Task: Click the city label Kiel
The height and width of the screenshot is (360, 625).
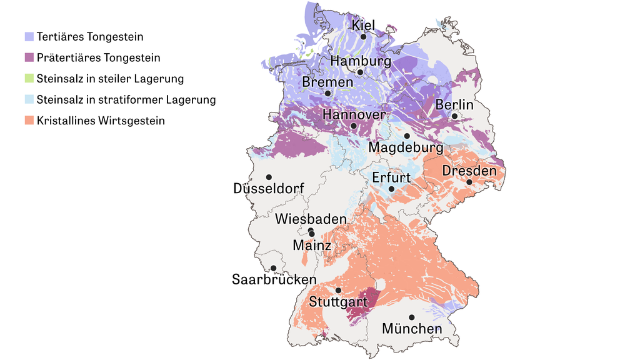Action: (x=363, y=26)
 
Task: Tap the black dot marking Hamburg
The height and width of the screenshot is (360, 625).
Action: (x=360, y=72)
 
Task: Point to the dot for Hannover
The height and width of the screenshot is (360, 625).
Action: (x=354, y=126)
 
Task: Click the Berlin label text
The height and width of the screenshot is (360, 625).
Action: (x=454, y=104)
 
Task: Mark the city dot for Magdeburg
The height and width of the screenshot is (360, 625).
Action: (x=407, y=136)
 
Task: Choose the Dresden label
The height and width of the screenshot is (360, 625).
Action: (x=469, y=171)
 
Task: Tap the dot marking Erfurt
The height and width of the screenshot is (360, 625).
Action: (x=391, y=189)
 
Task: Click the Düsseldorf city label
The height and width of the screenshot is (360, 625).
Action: (x=268, y=188)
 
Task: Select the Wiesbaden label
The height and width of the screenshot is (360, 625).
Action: (x=311, y=219)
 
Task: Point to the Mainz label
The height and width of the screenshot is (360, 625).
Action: (x=312, y=245)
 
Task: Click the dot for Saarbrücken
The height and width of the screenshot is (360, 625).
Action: (x=273, y=268)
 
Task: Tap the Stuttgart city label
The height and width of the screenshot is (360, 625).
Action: (x=337, y=302)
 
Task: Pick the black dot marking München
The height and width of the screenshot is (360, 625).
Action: (x=411, y=317)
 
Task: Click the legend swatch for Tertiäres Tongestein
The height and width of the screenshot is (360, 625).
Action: (x=29, y=37)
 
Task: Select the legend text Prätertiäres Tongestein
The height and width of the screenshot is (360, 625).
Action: (x=98, y=57)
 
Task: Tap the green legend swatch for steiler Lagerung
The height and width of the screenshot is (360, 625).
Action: (x=29, y=79)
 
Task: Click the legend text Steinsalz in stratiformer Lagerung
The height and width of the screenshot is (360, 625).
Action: (x=126, y=99)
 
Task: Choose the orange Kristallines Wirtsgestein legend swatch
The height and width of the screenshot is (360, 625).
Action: (x=29, y=121)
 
